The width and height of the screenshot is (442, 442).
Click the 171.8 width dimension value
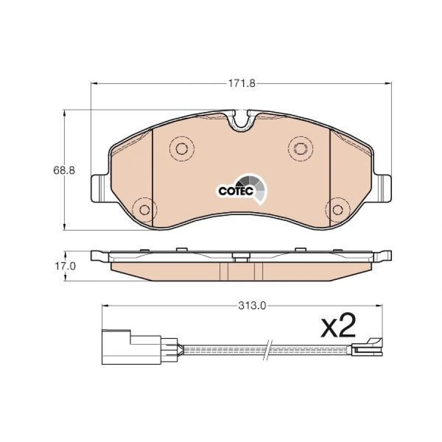point(241,83)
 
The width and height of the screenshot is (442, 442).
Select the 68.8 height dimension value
point(64,170)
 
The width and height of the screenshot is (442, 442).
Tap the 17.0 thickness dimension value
point(64,266)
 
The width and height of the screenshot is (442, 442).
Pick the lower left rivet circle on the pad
point(144,210)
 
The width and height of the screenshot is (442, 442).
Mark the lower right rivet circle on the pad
point(338,210)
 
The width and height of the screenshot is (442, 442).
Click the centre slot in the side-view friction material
point(241,270)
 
